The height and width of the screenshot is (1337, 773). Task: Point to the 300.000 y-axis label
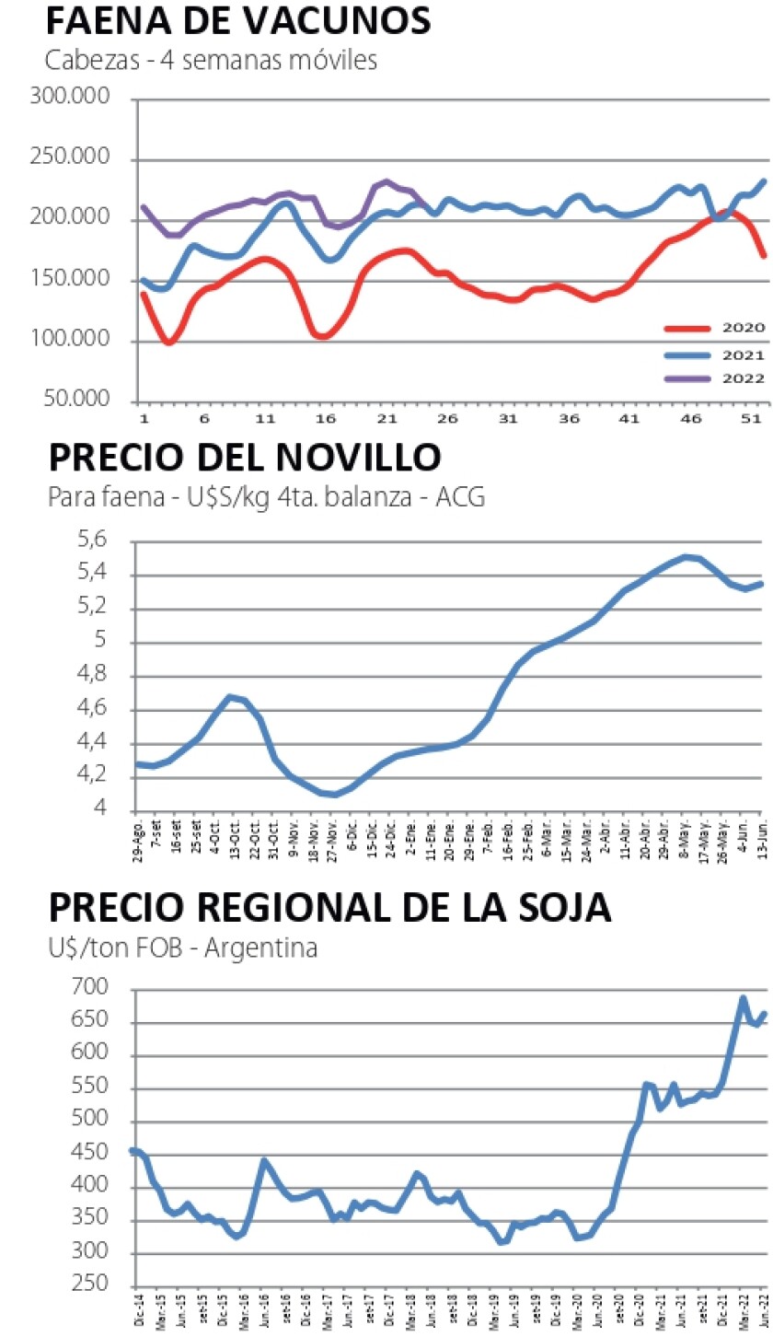point(70,98)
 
